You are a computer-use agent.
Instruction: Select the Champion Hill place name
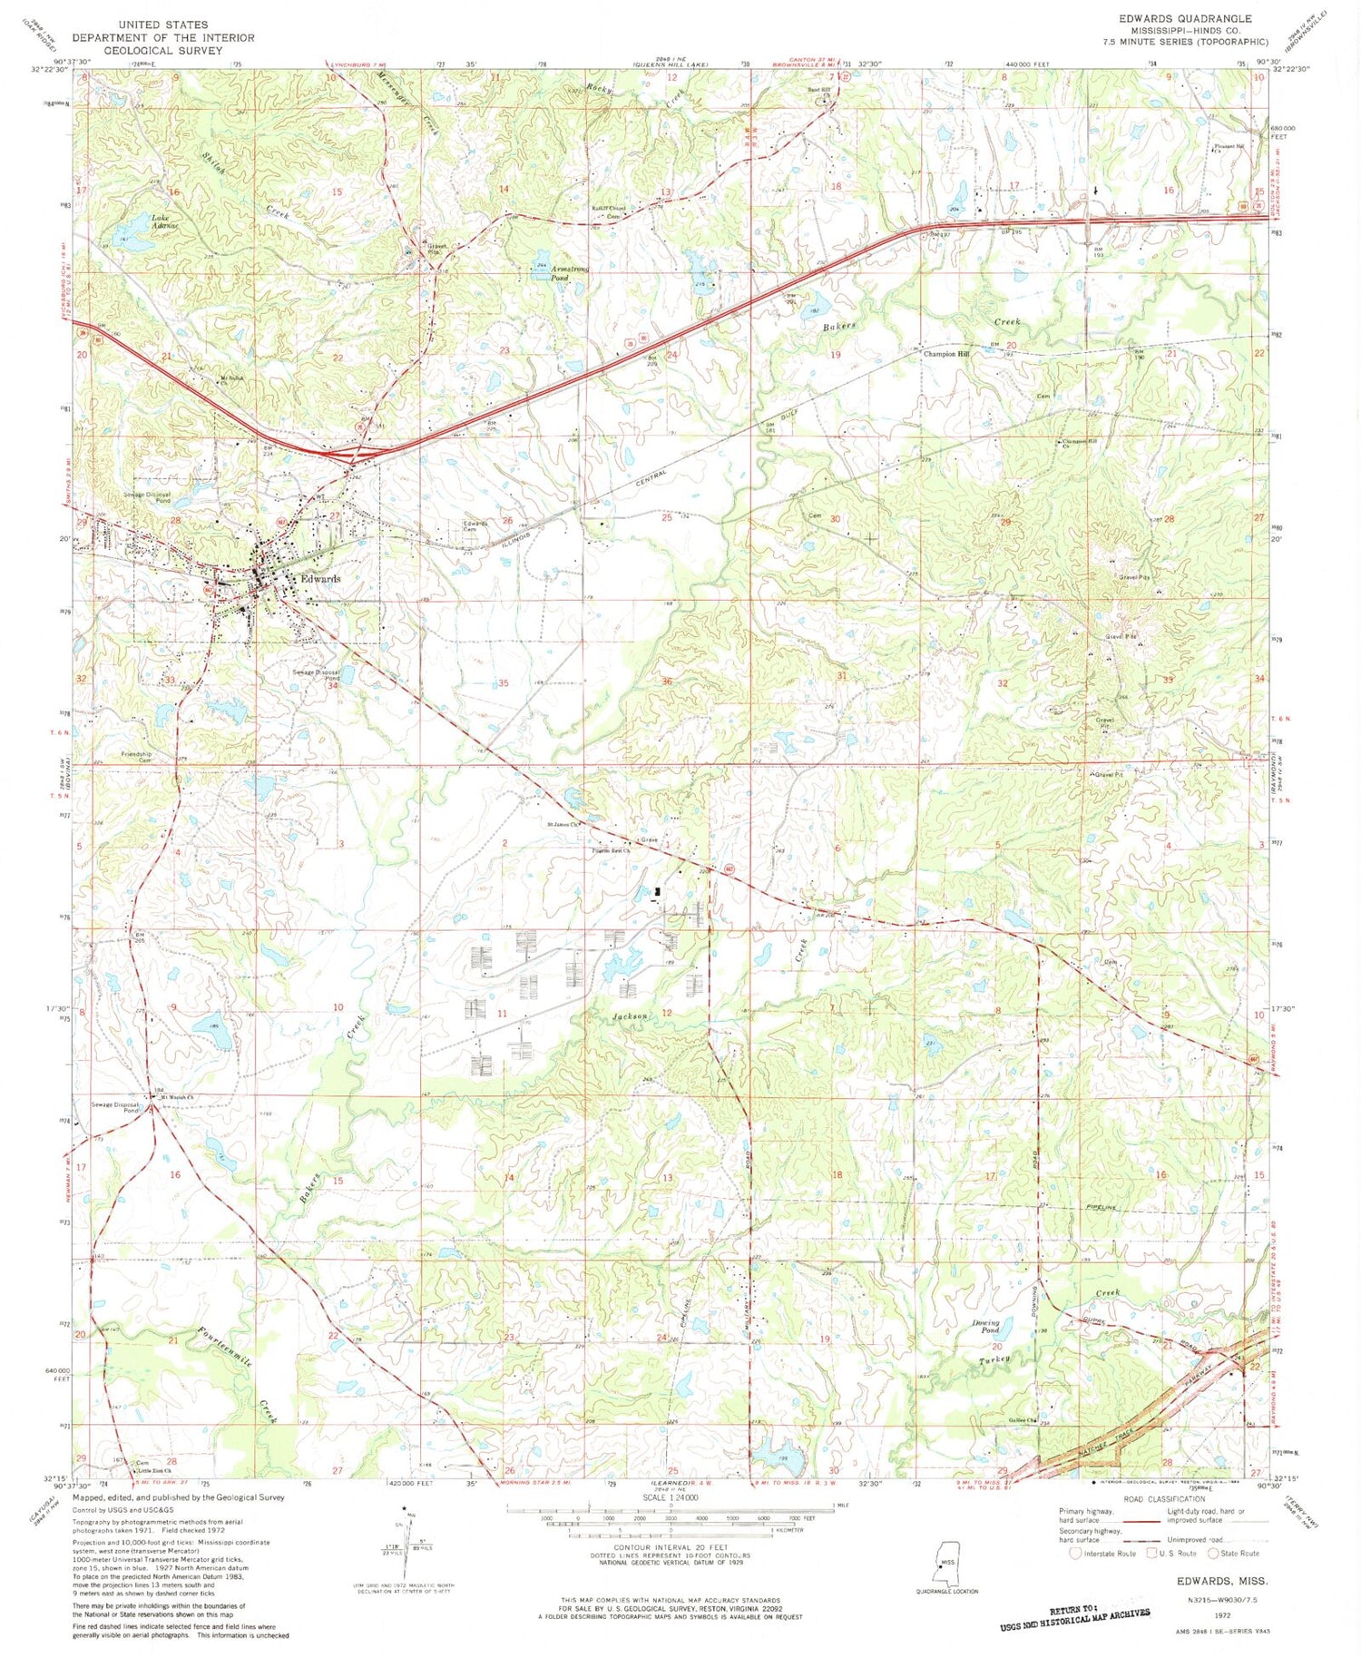coord(945,354)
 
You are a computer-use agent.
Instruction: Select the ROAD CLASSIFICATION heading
coord(1163,1498)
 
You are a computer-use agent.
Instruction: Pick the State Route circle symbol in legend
coord(1214,1553)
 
